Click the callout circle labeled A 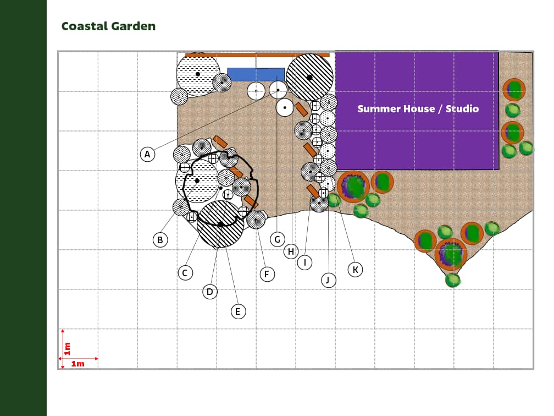click(147, 154)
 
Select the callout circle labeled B click(160, 240)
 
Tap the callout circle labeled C click(185, 273)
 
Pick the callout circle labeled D click(210, 292)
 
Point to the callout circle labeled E click(238, 311)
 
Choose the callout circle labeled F click(267, 274)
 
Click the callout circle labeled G click(278, 239)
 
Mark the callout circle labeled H click(291, 251)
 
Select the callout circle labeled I click(304, 262)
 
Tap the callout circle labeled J click(329, 281)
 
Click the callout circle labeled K click(355, 270)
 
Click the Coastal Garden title click(108, 26)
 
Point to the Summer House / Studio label click(418, 108)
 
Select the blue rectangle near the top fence click(256, 74)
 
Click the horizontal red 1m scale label click(77, 364)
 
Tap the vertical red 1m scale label click(67, 348)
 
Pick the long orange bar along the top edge click(257, 55)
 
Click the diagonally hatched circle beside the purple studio click(309, 77)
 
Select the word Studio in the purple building click(462, 108)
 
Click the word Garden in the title click(133, 26)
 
